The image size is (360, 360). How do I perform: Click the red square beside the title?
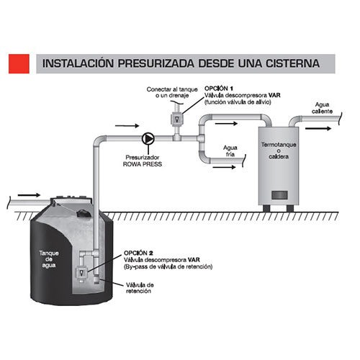19,63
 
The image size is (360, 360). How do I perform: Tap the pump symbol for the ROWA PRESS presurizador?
148,138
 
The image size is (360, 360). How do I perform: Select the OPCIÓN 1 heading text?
219,89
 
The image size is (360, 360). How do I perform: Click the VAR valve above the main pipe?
177,119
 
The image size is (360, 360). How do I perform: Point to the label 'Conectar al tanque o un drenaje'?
172,92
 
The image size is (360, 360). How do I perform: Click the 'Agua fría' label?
230,151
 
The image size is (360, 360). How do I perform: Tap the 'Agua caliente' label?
322,108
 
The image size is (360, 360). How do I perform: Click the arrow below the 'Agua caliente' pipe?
318,129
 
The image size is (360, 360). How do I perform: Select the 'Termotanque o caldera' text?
279,150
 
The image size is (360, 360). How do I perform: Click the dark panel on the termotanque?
279,195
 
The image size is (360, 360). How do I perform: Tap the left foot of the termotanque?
266,208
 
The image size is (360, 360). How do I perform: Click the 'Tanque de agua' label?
49,259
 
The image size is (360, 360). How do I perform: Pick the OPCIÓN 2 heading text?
138,253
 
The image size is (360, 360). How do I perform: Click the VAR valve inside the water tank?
81,273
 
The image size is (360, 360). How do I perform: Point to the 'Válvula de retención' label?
140,288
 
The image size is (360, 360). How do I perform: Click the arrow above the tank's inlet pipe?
29,195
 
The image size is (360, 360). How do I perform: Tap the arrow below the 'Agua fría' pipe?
224,167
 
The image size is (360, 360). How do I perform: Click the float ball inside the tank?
83,212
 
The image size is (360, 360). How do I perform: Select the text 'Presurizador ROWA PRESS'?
143,161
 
